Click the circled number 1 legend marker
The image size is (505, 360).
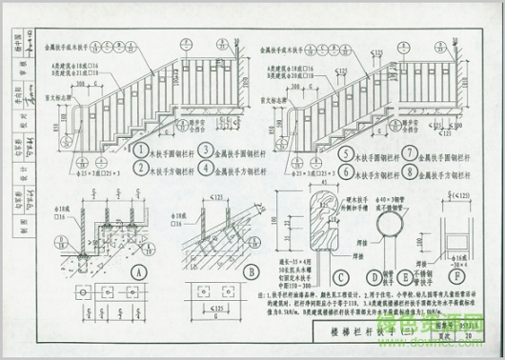click(x=141, y=150)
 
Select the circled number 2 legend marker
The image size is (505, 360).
click(x=141, y=170)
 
